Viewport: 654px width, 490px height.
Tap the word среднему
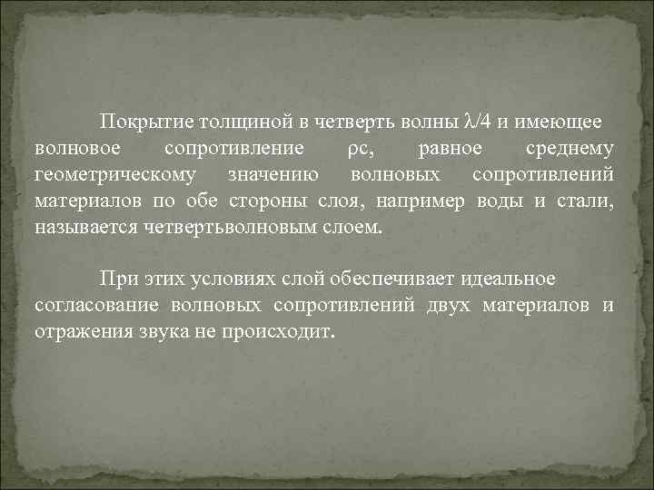click(x=570, y=149)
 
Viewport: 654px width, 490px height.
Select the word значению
click(x=272, y=174)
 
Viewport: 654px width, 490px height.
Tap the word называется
click(x=86, y=226)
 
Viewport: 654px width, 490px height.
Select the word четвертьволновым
click(x=233, y=226)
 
